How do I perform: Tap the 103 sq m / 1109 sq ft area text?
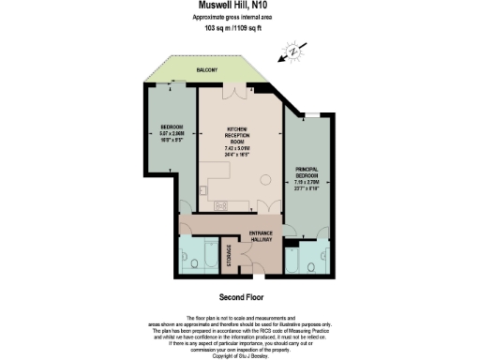240,29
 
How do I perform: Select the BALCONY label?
207,70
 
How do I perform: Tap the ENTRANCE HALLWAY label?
260,237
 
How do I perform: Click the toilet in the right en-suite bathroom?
308,265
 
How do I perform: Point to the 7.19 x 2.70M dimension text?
307,186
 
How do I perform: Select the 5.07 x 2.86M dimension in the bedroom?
171,133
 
